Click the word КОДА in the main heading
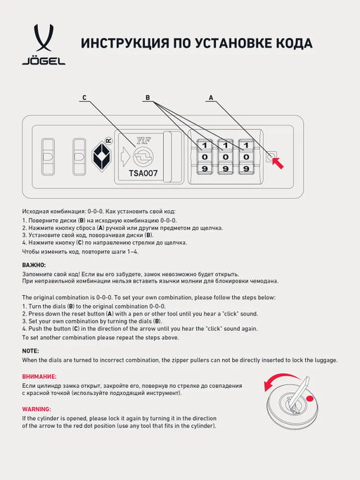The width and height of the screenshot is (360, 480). (289, 44)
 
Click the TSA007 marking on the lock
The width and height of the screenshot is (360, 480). (143, 172)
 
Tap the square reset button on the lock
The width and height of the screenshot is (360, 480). (271, 156)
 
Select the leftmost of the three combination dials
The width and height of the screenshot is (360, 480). (205, 156)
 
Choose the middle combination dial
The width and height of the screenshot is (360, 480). (226, 156)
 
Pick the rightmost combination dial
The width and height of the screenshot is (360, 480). (246, 156)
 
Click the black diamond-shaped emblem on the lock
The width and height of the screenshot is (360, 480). (103, 156)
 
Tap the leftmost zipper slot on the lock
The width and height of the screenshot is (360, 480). (48, 154)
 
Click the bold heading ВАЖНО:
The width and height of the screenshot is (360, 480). (34, 265)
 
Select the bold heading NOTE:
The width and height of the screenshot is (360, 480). (31, 350)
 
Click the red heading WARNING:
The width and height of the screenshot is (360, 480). (37, 409)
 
